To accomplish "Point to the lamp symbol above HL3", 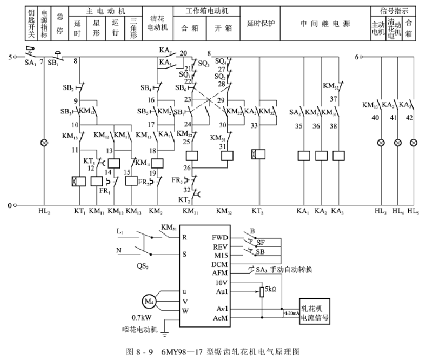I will click(381, 144).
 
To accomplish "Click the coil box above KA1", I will click(304, 156).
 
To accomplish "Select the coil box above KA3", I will click(339, 156).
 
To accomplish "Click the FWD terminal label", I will click(220, 237).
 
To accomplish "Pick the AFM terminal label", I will click(220, 274).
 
